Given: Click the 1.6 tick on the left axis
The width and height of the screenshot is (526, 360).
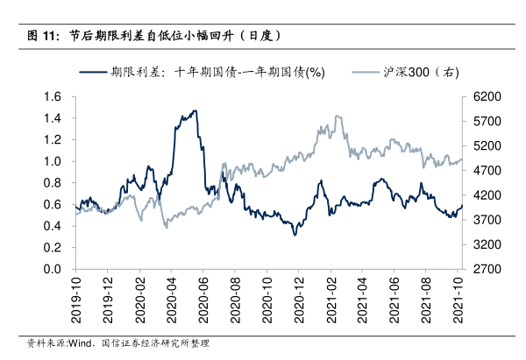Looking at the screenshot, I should click(55, 96).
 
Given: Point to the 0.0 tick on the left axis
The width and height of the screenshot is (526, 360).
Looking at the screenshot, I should click(55, 269).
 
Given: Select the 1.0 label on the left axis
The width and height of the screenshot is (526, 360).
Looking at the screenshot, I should click(55, 161).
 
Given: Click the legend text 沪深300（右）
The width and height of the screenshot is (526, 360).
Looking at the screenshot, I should click(422, 74).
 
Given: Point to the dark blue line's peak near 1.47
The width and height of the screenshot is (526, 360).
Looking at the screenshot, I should click(195, 111).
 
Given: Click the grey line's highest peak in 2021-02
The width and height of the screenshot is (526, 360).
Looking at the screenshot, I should click(338, 116).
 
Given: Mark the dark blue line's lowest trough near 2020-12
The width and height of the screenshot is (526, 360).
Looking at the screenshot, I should click(295, 235).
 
